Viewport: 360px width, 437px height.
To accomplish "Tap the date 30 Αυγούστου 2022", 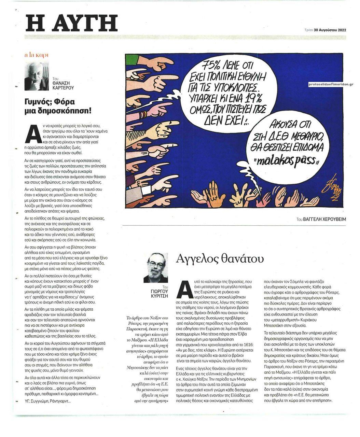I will coord(330,30).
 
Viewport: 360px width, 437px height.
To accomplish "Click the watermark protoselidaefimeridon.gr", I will coord(330,84).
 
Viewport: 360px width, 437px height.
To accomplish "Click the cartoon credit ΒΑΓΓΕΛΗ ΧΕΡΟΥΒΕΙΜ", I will coord(324,220).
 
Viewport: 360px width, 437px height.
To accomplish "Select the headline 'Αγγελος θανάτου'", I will coord(220,258).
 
